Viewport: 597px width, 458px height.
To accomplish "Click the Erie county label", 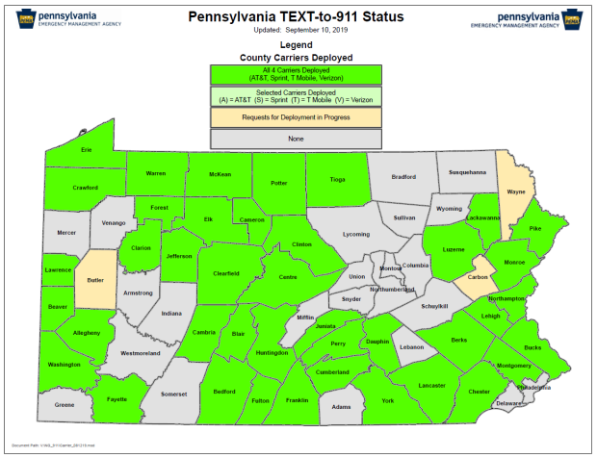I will tap(87, 150).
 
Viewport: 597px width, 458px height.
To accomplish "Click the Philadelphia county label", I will tap(534, 387).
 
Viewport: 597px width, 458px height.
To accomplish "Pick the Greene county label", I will tap(65, 405).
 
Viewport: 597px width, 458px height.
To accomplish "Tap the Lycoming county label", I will tap(356, 235).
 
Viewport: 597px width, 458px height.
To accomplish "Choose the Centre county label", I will tap(287, 277).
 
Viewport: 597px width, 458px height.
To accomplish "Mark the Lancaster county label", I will tap(431, 385).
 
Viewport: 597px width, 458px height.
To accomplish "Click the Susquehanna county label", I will tap(468, 172).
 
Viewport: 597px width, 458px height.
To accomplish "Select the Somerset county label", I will tap(174, 394).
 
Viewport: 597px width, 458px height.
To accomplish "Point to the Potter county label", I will tap(279, 182).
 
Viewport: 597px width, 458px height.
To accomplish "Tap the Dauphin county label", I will tap(376, 342).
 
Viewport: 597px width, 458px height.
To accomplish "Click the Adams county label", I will tap(342, 407).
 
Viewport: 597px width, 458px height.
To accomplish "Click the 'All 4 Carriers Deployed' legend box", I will tap(298, 73).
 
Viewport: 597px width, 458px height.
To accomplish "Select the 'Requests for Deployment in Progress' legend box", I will tap(298, 116).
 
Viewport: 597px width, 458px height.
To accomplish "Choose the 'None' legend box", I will tap(298, 139).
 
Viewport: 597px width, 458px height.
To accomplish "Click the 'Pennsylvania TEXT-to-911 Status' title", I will tap(297, 17).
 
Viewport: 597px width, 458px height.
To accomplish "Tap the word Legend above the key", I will tap(297, 45).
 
